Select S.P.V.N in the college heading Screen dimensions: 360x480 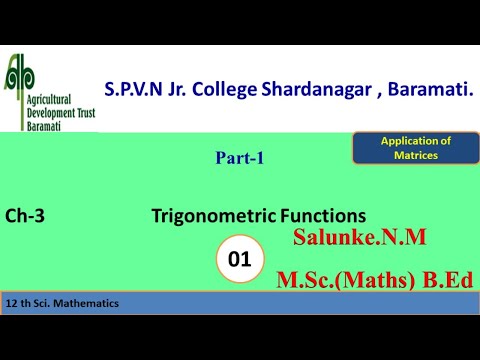[136, 89]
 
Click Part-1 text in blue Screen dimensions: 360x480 [240, 157]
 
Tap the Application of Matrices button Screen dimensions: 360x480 [415, 148]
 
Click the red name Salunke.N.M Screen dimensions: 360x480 [360, 238]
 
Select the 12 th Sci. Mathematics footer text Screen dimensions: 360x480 [62, 302]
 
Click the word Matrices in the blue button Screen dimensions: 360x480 [415, 155]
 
